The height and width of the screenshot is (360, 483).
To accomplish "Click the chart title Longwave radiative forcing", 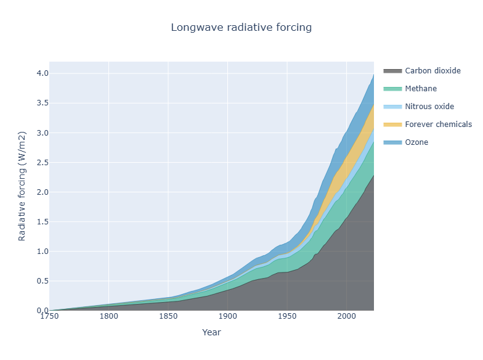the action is coord(241,27).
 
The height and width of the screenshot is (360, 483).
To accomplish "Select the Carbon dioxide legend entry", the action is coord(422,71).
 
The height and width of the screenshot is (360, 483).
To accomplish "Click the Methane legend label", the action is coord(421,89).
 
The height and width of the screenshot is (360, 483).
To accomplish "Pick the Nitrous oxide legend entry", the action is coord(419,107).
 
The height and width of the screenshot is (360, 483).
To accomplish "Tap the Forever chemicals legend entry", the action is coord(428,125).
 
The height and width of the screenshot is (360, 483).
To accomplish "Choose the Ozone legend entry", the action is coord(405,142).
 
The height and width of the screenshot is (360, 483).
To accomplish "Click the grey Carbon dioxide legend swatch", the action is coord(393,71).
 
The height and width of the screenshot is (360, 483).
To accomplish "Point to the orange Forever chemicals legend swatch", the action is coord(393,125).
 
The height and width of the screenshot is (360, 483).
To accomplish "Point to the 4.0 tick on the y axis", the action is coord(43,73).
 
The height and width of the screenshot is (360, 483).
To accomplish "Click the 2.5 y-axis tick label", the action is coord(43,163).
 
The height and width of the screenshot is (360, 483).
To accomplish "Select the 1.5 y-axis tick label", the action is coord(43,222).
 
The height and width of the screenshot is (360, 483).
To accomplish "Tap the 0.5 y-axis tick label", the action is coord(43,281).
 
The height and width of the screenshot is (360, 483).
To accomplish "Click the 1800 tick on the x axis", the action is coord(108,316).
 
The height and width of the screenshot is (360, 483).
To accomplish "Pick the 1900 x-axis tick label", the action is coord(228,316).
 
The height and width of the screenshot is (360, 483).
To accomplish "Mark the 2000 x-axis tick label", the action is coord(346,316).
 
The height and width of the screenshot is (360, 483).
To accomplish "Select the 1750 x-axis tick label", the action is coord(49,316).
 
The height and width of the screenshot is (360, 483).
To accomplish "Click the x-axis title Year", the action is coord(212,332).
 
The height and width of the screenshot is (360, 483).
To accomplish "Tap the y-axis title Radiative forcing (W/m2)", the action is coord(22,186).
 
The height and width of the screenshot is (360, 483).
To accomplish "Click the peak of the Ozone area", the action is coord(373,74).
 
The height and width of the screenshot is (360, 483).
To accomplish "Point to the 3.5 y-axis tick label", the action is coord(43,103).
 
